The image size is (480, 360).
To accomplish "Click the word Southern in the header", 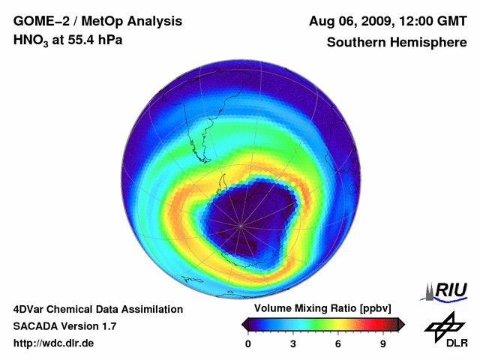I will [355, 42].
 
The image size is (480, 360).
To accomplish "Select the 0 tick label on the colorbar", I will [248, 344].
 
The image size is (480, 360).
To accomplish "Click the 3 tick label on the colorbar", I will [293, 344].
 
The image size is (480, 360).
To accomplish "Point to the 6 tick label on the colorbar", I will [338, 344].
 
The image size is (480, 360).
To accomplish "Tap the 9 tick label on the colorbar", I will [382, 344].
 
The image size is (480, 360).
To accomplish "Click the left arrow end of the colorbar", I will [244, 324].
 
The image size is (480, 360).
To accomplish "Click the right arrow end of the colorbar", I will [401, 324].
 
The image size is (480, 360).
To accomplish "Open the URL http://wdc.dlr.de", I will [53, 343].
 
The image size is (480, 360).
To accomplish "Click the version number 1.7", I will [108, 326].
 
